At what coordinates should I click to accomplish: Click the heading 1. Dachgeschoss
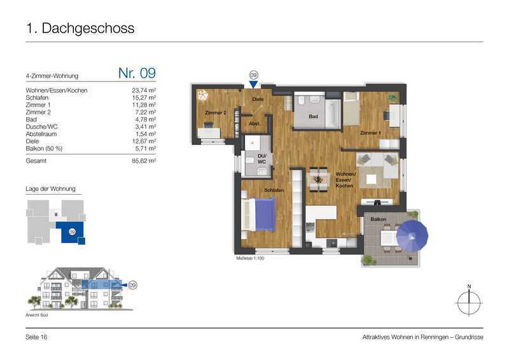[80, 28]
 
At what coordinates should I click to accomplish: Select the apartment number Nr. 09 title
[137, 73]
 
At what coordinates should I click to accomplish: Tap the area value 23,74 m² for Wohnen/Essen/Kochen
[144, 90]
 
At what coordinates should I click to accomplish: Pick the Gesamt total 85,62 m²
[144, 161]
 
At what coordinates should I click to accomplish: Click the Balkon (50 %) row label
[44, 148]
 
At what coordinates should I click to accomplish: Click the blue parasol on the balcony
[412, 236]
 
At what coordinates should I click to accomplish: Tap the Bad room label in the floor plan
[313, 116]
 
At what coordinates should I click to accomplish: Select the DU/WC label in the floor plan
[262, 159]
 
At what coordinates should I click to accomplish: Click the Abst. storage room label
[255, 123]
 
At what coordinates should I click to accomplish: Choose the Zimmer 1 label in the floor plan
[370, 133]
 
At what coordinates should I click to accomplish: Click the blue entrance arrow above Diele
[253, 85]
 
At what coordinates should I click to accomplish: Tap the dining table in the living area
[319, 179]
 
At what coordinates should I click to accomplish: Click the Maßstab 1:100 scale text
[250, 258]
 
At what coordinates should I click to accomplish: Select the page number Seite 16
[36, 337]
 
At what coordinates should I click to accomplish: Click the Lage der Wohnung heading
[51, 189]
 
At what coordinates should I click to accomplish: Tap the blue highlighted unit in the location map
[71, 232]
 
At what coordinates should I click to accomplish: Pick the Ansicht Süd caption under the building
[37, 315]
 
